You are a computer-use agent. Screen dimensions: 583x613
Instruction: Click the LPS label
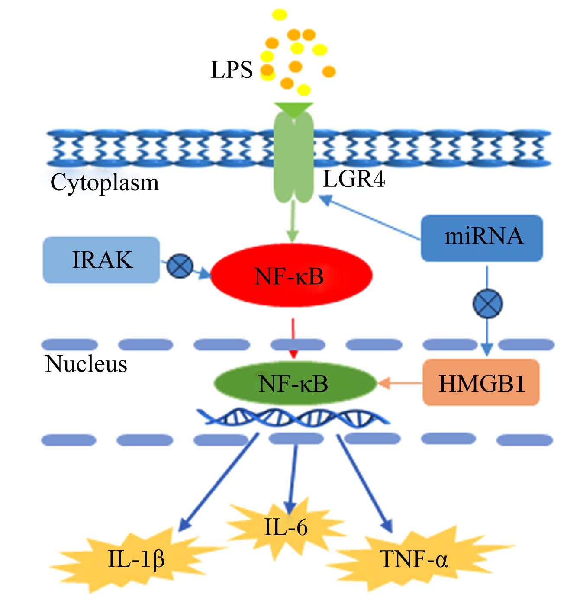click(x=231, y=70)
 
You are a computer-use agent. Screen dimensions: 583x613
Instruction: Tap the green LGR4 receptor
click(x=293, y=157)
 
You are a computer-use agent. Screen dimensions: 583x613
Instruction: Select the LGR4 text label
click(x=354, y=179)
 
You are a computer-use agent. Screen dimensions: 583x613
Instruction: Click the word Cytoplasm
click(x=104, y=183)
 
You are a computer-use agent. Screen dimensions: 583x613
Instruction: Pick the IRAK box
click(x=101, y=260)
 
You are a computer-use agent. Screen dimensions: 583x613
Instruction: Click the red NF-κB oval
click(x=291, y=276)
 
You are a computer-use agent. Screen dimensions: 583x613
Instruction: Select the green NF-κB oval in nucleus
click(x=295, y=383)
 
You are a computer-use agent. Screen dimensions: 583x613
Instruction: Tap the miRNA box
click(x=482, y=238)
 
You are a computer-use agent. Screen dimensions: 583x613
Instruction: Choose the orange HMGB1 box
click(x=481, y=382)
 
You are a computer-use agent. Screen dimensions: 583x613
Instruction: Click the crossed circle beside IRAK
click(x=180, y=266)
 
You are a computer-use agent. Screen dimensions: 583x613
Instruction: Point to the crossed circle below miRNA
click(x=487, y=303)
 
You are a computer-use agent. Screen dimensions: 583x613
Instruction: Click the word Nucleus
click(x=86, y=364)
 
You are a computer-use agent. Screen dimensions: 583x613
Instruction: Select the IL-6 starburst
click(x=286, y=527)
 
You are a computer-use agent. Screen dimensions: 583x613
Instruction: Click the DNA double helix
click(x=293, y=417)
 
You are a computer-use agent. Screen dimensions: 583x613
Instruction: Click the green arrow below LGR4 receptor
click(x=293, y=221)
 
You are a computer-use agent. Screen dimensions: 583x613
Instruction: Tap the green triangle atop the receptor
click(x=293, y=109)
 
